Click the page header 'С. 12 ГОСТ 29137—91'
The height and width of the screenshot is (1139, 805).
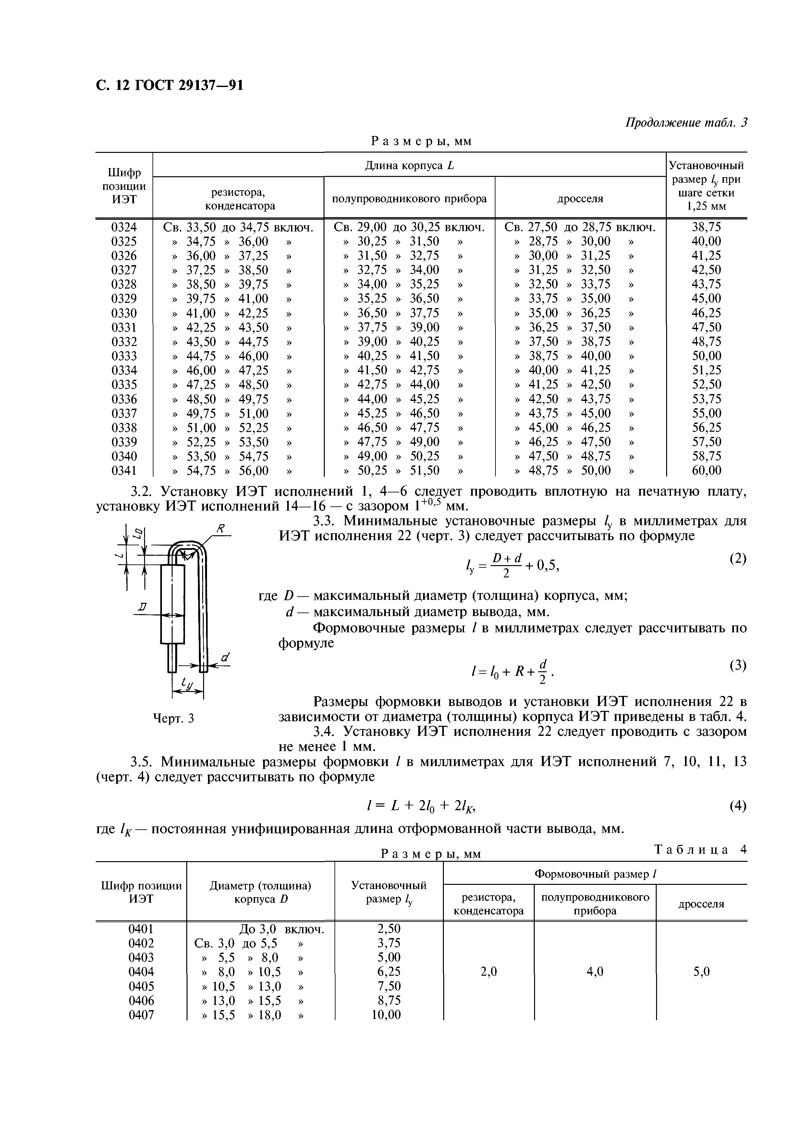pos(170,86)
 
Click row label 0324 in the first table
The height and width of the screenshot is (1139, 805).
pos(124,227)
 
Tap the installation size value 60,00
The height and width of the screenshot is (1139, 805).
pos(706,470)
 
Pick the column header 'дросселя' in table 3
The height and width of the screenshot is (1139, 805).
pos(580,199)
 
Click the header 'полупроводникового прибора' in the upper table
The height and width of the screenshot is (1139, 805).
pos(409,199)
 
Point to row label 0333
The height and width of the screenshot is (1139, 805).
pos(124,356)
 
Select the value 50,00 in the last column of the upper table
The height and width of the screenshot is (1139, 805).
pos(706,356)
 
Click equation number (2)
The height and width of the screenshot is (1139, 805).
pos(738,559)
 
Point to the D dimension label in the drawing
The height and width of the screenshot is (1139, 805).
pos(143,607)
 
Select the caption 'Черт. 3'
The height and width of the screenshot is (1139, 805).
pos(173,718)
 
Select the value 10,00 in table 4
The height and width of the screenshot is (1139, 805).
pos(386,1015)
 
